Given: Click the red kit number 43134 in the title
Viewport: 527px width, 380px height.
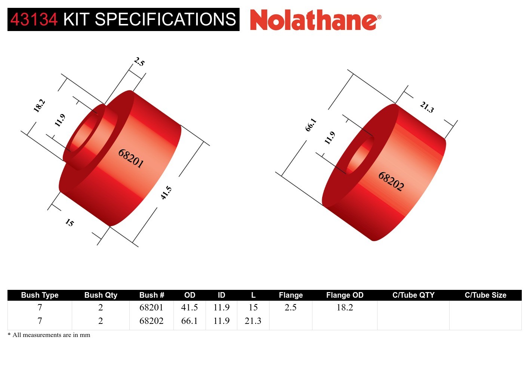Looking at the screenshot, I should point(34,19).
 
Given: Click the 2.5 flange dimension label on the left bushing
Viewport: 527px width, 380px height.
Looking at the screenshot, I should point(139,61).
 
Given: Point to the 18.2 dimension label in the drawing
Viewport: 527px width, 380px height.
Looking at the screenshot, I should point(39,105).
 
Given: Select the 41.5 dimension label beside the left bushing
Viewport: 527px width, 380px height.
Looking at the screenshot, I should point(166,193).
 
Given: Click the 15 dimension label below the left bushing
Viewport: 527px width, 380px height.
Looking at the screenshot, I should point(70,223).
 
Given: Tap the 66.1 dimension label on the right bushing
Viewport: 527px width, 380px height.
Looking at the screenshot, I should point(311,125).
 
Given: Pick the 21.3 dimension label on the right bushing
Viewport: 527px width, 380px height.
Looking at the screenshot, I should point(427,107).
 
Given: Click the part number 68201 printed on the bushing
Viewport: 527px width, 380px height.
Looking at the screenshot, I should point(131,158).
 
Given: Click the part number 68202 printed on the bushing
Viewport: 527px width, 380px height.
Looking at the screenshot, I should point(391,181).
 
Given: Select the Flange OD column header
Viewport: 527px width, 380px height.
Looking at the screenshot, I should point(345,295).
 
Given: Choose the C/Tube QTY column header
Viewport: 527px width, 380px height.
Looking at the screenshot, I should point(413,295).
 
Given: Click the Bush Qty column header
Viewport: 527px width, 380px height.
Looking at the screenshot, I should point(101,295).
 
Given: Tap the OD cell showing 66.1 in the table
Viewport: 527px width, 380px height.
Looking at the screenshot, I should point(189,321).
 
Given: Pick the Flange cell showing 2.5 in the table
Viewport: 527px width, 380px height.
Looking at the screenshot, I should point(290,307).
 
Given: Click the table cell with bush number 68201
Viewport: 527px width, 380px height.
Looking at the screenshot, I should point(151,307).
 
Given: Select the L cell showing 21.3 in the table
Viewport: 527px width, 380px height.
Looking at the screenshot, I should point(253,321).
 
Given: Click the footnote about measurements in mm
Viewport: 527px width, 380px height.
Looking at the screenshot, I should point(49,335).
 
